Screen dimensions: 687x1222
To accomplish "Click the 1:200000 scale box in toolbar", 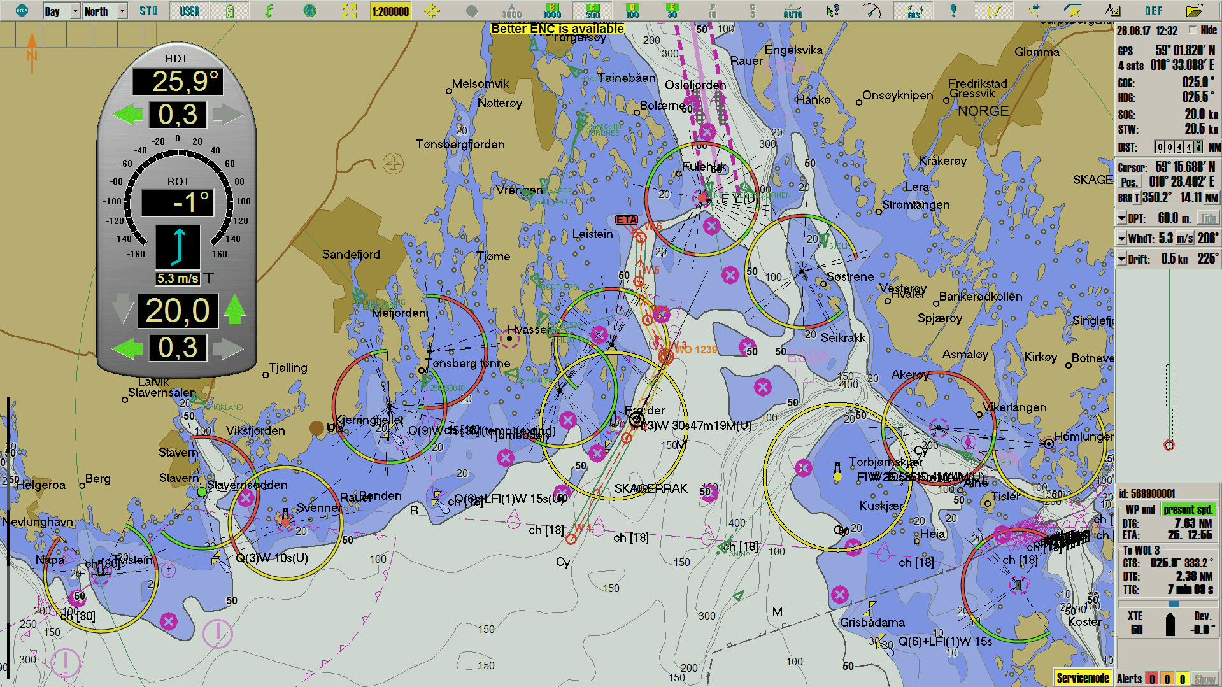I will (390, 11).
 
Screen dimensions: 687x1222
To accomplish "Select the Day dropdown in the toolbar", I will (61, 11).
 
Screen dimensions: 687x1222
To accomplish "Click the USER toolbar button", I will (189, 11).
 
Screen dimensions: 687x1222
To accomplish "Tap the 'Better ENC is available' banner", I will (557, 29).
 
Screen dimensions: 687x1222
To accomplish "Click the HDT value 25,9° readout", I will (178, 81).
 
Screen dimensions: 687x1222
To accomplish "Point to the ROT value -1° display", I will (178, 202).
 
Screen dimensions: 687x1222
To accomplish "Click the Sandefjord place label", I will (351, 254).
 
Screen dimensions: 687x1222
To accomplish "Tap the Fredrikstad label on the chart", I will (977, 83).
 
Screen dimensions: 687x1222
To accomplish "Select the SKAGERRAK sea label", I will (650, 488).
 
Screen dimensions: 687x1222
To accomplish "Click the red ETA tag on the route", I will (626, 220).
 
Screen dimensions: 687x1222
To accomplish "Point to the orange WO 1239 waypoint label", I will (696, 350).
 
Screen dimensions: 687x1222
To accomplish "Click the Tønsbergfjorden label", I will (460, 144).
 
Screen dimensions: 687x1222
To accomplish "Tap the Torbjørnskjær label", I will (885, 462).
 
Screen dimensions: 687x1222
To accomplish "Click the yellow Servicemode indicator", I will (1083, 678).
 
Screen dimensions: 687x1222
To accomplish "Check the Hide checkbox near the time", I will (1193, 30).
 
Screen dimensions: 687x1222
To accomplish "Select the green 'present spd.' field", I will (1188, 509).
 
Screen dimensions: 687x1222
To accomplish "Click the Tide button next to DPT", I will (1207, 218).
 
